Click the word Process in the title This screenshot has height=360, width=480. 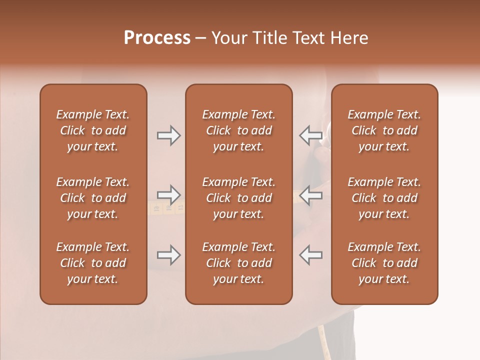pyautogui.click(x=157, y=38)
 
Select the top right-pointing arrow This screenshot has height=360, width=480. pyautogui.click(x=168, y=135)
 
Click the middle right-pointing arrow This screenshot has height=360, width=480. pyautogui.click(x=168, y=194)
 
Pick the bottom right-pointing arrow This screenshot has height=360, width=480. pyautogui.click(x=168, y=255)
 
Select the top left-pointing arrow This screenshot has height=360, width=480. pyautogui.click(x=310, y=135)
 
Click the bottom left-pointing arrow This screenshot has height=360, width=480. pyautogui.click(x=310, y=255)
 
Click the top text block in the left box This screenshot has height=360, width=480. pyautogui.click(x=93, y=130)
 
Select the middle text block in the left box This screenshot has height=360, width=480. pyautogui.click(x=93, y=198)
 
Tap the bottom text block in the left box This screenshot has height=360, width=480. pyautogui.click(x=93, y=263)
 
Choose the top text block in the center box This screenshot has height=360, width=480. pyautogui.click(x=238, y=130)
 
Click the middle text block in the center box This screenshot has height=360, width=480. pyautogui.click(x=238, y=198)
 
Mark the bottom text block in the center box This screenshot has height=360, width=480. pyautogui.click(x=238, y=263)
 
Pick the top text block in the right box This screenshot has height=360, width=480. pyautogui.click(x=384, y=130)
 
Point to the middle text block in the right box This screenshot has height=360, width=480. pyautogui.click(x=384, y=198)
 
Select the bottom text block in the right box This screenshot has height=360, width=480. pyautogui.click(x=384, y=263)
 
